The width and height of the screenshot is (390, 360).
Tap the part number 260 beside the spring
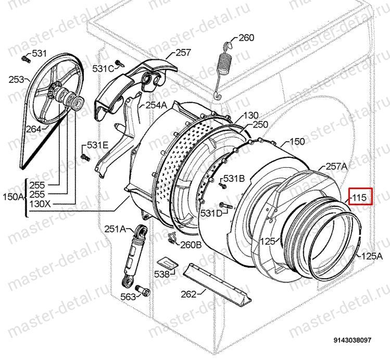click(246, 38)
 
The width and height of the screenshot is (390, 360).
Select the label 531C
click(103, 68)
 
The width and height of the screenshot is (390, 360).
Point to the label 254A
click(156, 105)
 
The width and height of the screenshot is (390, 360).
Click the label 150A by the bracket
click(13, 197)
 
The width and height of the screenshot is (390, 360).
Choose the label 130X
click(40, 204)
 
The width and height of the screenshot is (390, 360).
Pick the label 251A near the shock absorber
click(115, 229)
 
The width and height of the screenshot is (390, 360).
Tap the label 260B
click(191, 245)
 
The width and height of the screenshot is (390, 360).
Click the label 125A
click(372, 256)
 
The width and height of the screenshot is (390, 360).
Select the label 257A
click(336, 166)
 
